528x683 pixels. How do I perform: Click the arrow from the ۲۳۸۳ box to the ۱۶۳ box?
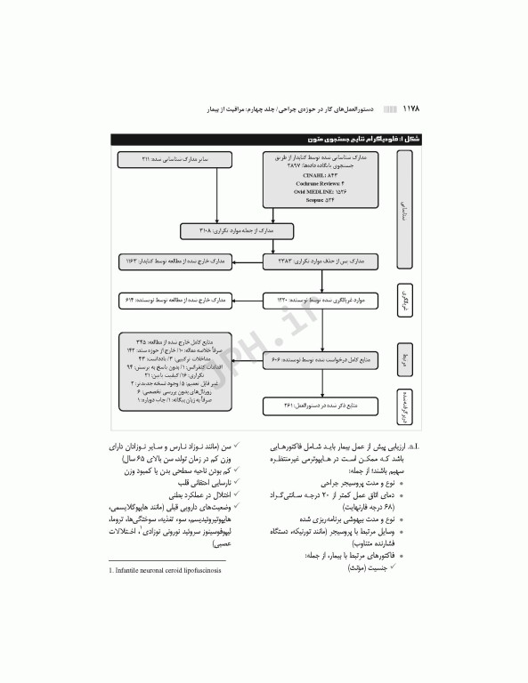[x=241, y=263]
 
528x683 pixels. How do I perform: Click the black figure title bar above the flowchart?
[x=267, y=139]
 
